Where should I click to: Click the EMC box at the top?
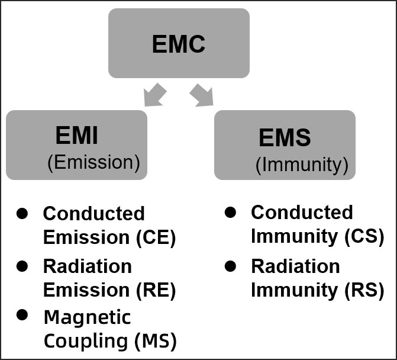coord(179,43)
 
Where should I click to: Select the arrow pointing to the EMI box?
coord(156,95)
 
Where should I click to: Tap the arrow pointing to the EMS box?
coord(201,95)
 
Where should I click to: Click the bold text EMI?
coord(76,136)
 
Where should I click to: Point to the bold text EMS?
coord(285,137)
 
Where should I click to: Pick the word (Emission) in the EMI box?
coord(93,163)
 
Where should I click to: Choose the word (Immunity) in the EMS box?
coord(302,164)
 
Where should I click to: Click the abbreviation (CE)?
coord(156,237)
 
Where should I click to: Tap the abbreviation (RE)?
coord(156,290)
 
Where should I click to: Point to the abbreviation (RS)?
coord(364,290)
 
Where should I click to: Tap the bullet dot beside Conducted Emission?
coord(22,212)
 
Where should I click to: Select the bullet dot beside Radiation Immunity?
coord(231,265)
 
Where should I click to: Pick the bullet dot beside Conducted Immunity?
coord(231,211)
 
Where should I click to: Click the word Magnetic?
coord(87,317)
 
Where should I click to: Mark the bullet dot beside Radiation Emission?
coord(22,265)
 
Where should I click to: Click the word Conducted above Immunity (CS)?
coord(302,212)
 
